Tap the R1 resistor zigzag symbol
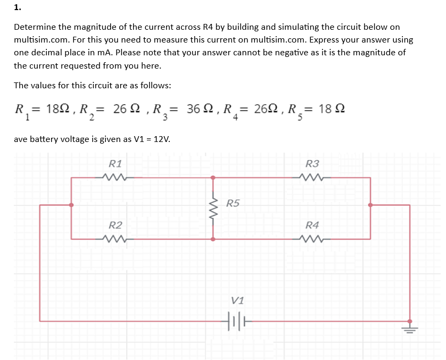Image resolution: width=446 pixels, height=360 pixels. (x=114, y=177)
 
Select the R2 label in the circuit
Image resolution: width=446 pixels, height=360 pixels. (x=115, y=225)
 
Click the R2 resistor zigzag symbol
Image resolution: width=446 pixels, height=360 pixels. (x=115, y=239)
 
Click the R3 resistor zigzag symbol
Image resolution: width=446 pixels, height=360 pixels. (x=312, y=177)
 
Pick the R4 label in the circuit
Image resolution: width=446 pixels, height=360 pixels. (x=312, y=225)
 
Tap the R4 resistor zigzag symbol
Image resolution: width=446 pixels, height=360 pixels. (x=312, y=239)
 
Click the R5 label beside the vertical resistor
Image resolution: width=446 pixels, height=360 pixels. (x=233, y=203)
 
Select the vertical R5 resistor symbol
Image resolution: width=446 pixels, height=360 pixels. (x=214, y=208)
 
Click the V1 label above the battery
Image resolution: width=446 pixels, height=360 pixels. (x=238, y=300)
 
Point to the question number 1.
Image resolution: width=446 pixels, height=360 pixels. (x=18, y=7)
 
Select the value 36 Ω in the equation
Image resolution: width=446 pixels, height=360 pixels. (x=200, y=108)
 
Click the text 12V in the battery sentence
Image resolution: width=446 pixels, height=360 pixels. (x=161, y=139)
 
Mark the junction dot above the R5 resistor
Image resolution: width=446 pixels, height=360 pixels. (x=214, y=177)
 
